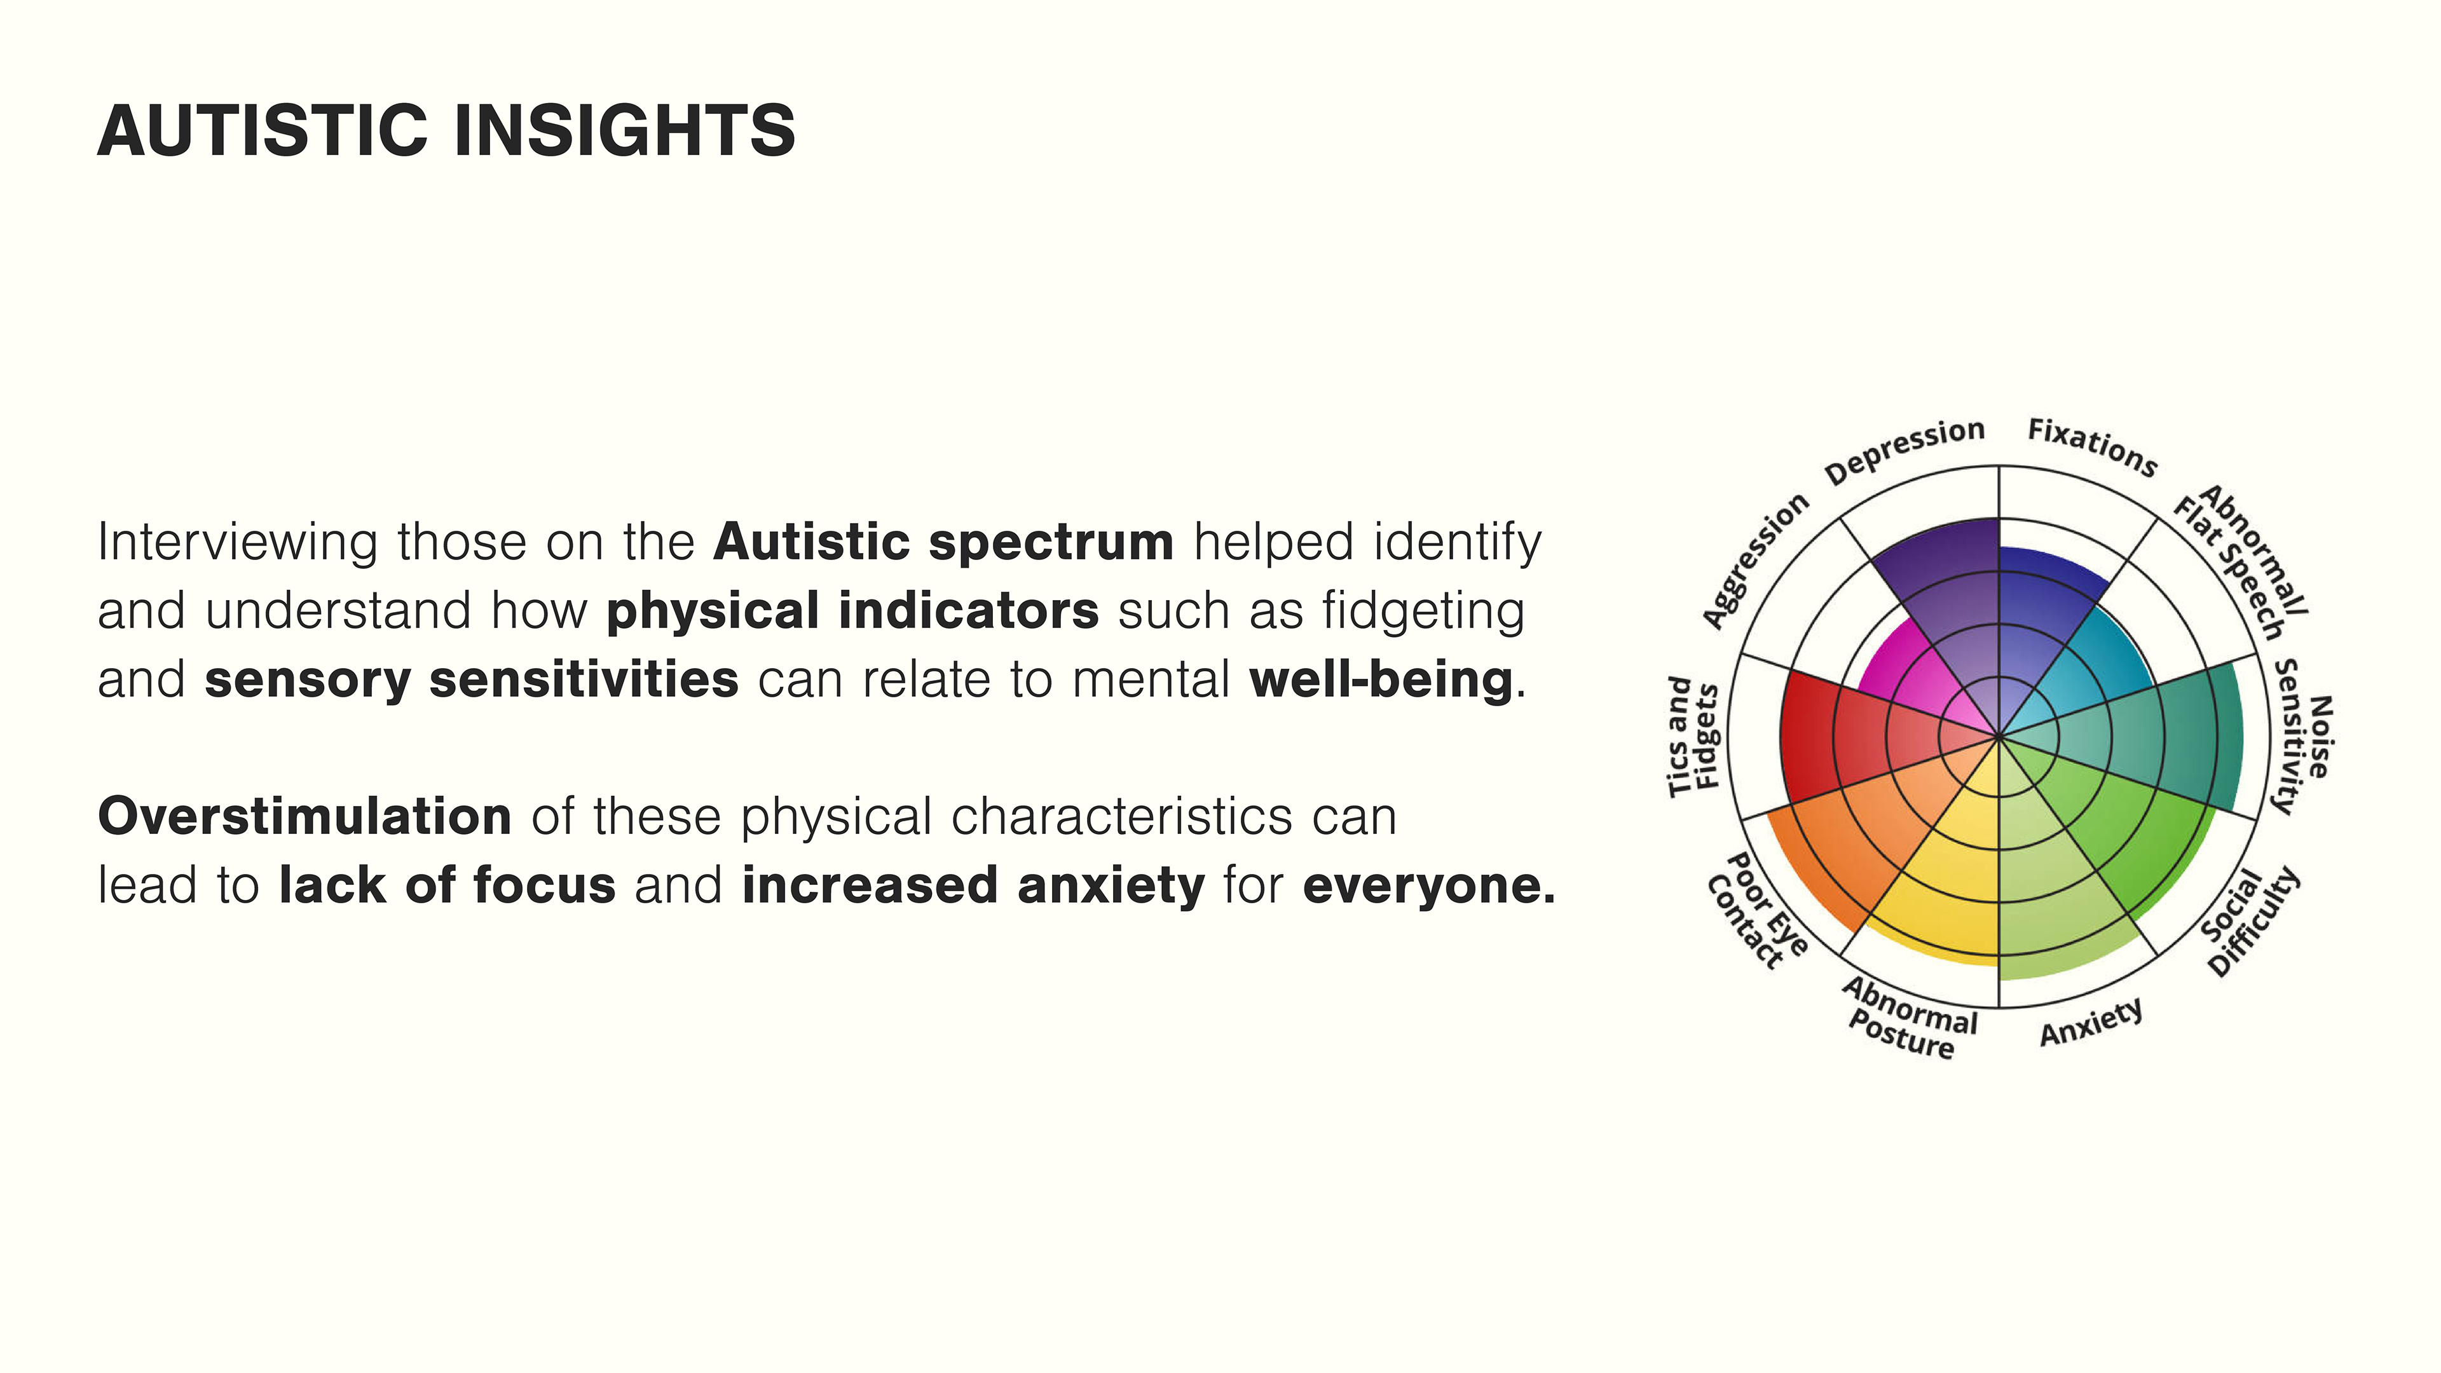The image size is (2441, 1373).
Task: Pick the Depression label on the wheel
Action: (x=1904, y=451)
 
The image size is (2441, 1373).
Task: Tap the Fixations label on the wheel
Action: (x=2092, y=447)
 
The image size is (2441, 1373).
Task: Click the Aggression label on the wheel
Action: (x=1755, y=560)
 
